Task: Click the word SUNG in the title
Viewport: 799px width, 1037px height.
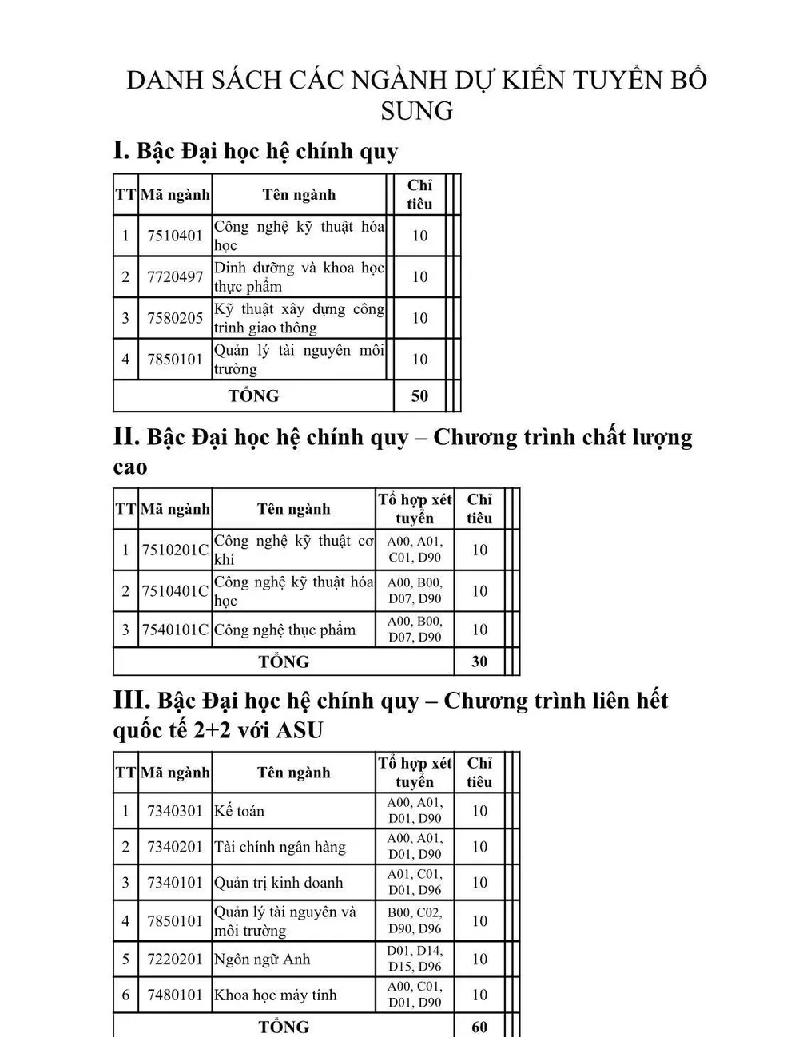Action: point(416,110)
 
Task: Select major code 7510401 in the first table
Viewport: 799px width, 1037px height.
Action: point(175,236)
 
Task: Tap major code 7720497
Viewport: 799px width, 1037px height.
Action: point(175,277)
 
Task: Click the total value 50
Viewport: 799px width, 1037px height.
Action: point(419,396)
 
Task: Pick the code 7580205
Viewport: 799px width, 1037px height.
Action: point(175,318)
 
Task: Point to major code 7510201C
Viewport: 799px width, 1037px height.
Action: point(175,550)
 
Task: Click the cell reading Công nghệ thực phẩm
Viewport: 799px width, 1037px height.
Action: point(284,630)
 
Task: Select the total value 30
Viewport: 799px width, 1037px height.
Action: point(479,662)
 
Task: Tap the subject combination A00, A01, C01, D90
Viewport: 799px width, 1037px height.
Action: point(415,550)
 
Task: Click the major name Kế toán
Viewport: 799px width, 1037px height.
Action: point(239,811)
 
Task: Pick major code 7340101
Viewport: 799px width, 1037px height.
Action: point(175,883)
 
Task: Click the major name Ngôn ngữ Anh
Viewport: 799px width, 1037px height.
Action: point(262,960)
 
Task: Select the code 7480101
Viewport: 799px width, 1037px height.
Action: point(175,995)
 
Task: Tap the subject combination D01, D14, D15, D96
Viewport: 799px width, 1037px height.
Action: point(415,959)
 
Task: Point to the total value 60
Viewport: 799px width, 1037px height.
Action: point(479,1027)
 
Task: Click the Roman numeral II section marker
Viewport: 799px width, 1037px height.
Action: point(127,436)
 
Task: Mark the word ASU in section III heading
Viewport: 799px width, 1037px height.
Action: point(299,730)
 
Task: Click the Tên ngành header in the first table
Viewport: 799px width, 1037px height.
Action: point(299,195)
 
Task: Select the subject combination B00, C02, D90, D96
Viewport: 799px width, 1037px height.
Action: point(415,920)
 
